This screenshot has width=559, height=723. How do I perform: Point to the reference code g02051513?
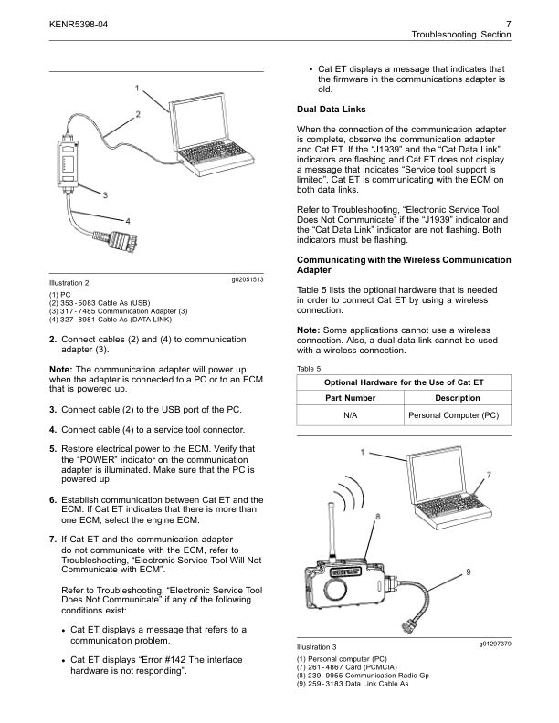click(x=242, y=278)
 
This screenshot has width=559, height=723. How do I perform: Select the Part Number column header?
click(x=351, y=397)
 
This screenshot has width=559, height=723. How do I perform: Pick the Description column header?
click(x=458, y=397)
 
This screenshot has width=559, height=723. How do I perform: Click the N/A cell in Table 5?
click(x=351, y=414)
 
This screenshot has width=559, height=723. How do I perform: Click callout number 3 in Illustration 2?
click(x=106, y=194)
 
